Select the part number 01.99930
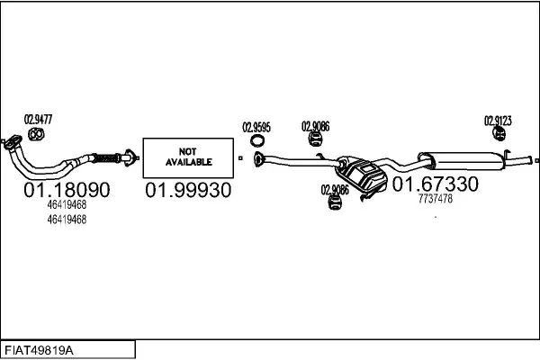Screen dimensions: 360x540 188,190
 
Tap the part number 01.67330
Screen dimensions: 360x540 435,184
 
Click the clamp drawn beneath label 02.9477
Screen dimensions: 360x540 37,136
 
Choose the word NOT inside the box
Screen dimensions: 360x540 188,151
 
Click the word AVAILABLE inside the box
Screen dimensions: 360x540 188,162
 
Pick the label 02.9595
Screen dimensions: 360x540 256,127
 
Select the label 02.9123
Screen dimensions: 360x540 498,120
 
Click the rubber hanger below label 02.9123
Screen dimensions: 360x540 498,135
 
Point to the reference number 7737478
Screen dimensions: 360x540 436,199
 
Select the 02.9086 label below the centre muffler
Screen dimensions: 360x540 334,190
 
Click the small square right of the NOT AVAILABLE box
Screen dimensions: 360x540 241,158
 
